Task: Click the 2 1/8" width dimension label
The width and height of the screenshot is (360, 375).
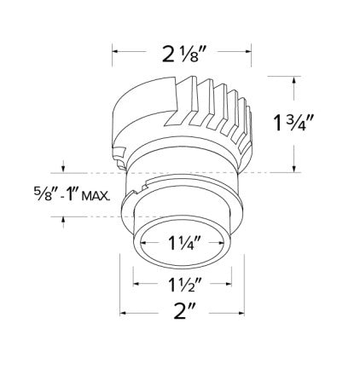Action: point(183,55)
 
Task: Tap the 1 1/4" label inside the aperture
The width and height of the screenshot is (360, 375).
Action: point(181,243)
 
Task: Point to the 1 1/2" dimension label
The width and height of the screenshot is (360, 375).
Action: point(184,284)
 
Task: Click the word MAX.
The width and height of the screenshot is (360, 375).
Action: point(96,196)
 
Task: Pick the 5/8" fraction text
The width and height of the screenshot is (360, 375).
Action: point(42,194)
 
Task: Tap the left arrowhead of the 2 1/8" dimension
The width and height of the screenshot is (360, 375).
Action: point(115,51)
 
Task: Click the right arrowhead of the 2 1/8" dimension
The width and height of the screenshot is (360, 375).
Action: point(248,51)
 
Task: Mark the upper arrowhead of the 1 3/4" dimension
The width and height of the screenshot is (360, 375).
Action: point(293,79)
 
